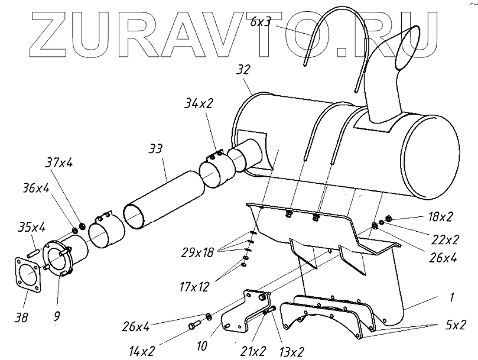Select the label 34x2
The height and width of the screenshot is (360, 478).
pos(198,103)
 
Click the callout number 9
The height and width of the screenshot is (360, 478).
pos(56,316)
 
